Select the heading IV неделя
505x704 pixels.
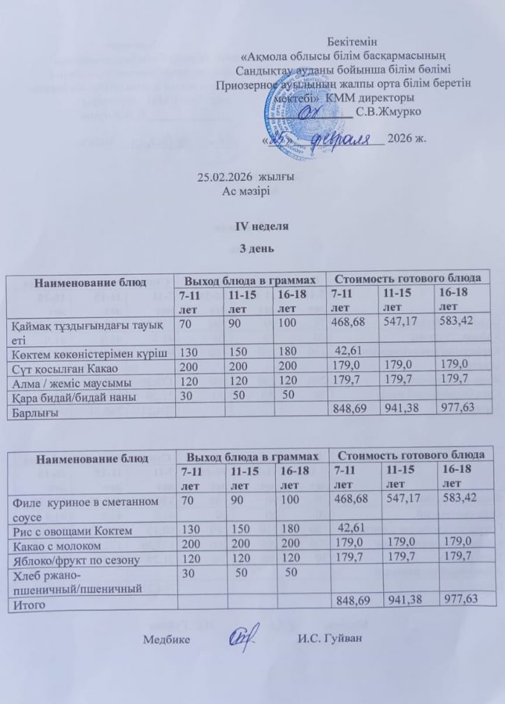252,228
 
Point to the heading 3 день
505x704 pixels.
252,248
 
